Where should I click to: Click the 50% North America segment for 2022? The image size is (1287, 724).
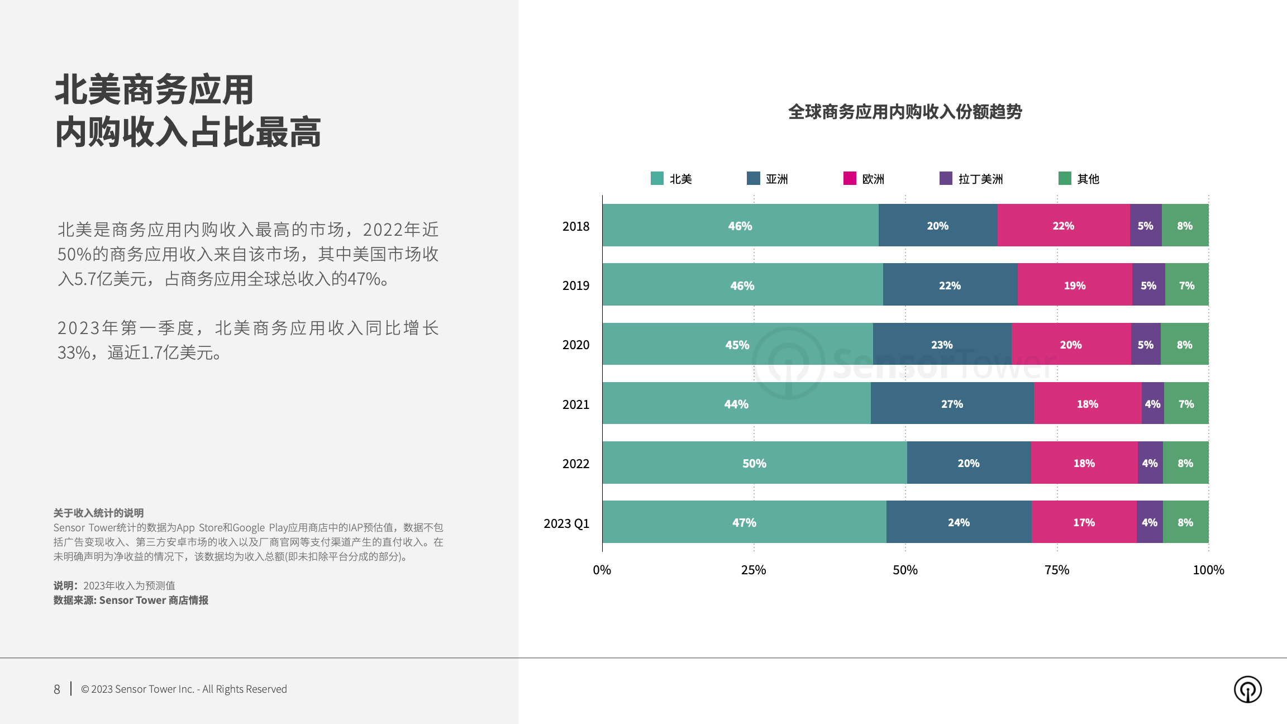pyautogui.click(x=754, y=463)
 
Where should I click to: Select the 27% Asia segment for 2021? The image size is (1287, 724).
pyautogui.click(x=952, y=403)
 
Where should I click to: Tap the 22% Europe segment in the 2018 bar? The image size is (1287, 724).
pyautogui.click(x=1063, y=225)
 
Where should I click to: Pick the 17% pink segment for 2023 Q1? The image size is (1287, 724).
pyautogui.click(x=1084, y=522)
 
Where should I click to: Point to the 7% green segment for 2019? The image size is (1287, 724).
pyautogui.click(x=1186, y=285)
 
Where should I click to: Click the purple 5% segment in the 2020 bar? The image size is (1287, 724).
pyautogui.click(x=1145, y=344)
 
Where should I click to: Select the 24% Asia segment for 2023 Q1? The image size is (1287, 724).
pyautogui.click(x=959, y=522)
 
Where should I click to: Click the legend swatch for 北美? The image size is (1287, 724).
pyautogui.click(x=657, y=178)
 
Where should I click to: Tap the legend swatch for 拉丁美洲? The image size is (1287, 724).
pyautogui.click(x=946, y=178)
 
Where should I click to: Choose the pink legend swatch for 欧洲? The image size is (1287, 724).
pyautogui.click(x=850, y=178)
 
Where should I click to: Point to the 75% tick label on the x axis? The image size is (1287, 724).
pyautogui.click(x=1057, y=570)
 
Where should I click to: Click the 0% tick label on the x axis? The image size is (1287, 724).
pyautogui.click(x=602, y=570)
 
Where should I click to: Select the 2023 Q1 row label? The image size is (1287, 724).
pyautogui.click(x=566, y=523)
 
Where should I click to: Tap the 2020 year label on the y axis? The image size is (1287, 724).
pyautogui.click(x=575, y=345)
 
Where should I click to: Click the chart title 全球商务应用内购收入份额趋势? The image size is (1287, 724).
pyautogui.click(x=905, y=112)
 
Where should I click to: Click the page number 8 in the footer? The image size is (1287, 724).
pyautogui.click(x=57, y=689)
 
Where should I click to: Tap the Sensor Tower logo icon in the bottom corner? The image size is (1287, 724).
pyautogui.click(x=1247, y=689)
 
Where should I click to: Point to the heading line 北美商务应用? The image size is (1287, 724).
pyautogui.click(x=154, y=90)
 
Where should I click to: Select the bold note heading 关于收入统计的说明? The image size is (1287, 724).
pyautogui.click(x=98, y=513)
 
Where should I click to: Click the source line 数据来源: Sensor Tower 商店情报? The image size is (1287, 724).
pyautogui.click(x=131, y=600)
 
